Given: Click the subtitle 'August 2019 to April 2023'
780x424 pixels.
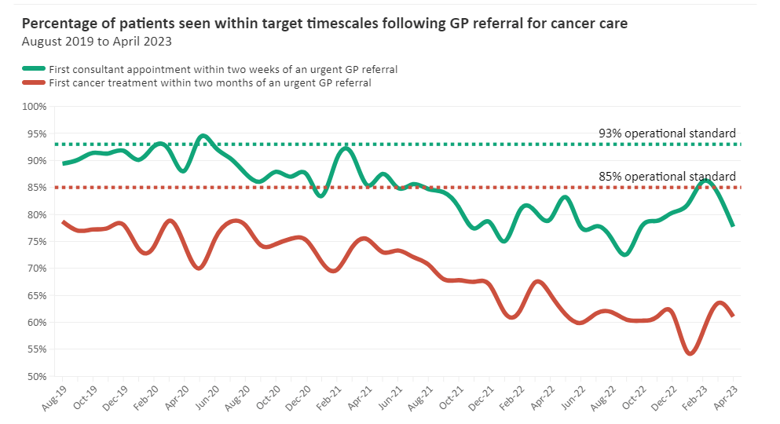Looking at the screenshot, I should (97, 41).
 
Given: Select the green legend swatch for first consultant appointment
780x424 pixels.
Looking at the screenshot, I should (34, 69).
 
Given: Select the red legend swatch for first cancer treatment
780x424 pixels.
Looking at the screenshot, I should (34, 82).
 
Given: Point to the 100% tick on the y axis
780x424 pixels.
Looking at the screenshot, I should (36, 106).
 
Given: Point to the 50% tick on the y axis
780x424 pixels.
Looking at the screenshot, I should (36, 376).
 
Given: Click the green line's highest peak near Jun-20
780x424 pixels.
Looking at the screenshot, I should (203, 136).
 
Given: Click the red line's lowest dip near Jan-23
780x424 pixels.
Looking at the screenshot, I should (690, 353).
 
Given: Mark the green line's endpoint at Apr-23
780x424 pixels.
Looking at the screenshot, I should (733, 225).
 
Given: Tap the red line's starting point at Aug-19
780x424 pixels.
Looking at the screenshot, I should (63, 222).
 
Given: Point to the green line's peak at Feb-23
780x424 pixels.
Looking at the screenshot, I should (705, 181).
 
